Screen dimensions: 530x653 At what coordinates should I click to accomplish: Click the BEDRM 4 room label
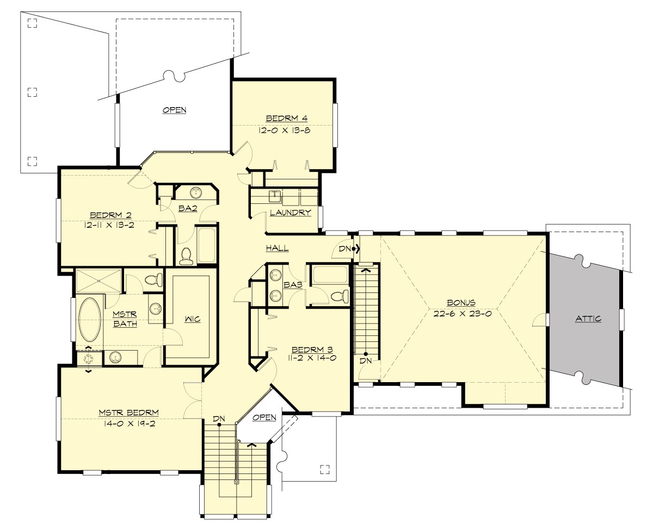283,119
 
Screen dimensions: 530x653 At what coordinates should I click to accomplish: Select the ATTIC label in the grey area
588,319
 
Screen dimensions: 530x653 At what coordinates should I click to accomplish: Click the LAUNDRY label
291,213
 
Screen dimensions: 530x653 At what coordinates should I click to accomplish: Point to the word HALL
277,248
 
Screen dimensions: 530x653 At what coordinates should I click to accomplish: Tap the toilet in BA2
186,255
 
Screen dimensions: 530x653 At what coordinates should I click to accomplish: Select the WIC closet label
192,319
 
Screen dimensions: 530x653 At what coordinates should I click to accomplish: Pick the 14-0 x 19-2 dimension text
128,423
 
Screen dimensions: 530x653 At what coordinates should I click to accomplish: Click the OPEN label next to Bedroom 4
175,110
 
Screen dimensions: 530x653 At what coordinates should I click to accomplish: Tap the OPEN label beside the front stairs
264,417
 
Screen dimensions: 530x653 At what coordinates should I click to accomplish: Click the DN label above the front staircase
219,419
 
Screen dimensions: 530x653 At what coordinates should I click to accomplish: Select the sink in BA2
196,193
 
